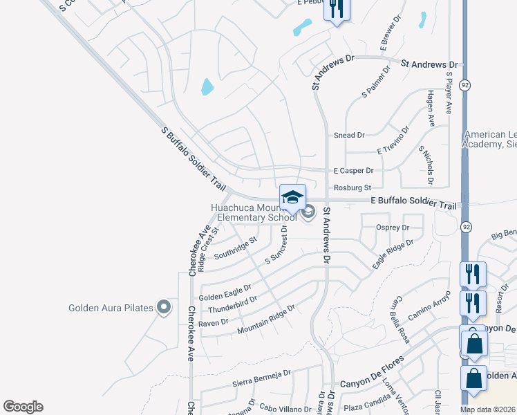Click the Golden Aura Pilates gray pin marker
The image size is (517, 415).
point(163,307)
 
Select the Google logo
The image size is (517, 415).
point(23,407)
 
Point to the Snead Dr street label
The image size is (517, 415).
point(349,136)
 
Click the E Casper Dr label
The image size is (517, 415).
point(353,170)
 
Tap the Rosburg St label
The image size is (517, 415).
point(352,187)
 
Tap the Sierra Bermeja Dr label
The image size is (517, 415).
point(262,376)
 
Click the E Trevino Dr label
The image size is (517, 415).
point(393,140)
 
